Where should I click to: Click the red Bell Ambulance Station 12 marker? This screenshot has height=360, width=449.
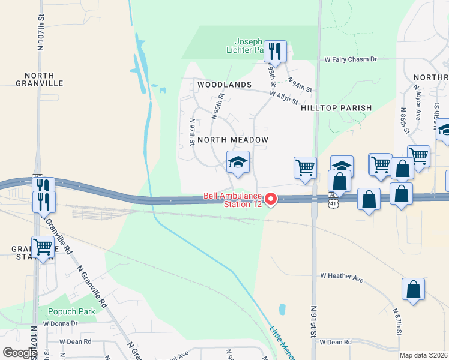click(271, 199)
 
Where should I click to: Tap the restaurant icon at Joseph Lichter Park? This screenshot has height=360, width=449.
click(275, 52)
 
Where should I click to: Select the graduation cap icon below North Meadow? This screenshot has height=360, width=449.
click(238, 163)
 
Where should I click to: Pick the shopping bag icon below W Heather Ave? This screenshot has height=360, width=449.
click(414, 289)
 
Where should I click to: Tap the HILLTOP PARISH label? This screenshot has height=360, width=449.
click(336, 108)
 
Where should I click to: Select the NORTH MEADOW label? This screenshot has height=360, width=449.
click(232, 140)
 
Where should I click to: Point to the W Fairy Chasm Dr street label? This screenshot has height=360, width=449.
click(351, 59)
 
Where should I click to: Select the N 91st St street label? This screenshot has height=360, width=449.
click(313, 325)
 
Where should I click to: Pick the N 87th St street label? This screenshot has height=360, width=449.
click(397, 322)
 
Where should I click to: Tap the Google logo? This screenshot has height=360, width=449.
click(19, 353)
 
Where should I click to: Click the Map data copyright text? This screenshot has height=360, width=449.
click(423, 355)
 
